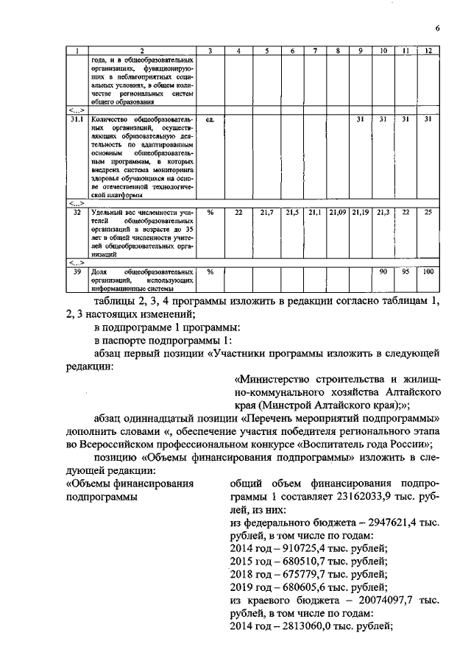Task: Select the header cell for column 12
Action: pyautogui.click(x=428, y=51)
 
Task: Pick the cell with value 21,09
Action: pyautogui.click(x=337, y=212)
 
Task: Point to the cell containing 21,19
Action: pyautogui.click(x=360, y=212)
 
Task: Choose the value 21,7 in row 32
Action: pyautogui.click(x=266, y=212)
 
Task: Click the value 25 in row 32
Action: pyautogui.click(x=428, y=212)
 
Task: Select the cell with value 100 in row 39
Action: pyautogui.click(x=428, y=272)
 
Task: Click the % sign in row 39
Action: pyautogui.click(x=210, y=272)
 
